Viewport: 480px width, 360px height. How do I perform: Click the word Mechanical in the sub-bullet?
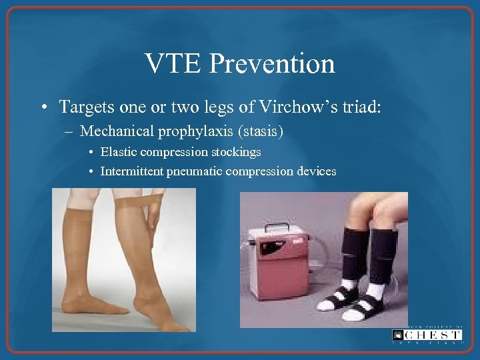click(x=117, y=131)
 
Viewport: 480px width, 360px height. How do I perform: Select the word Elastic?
click(x=116, y=152)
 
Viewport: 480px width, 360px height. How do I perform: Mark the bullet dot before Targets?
click(x=43, y=107)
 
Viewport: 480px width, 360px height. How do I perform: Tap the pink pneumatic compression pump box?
click(x=280, y=267)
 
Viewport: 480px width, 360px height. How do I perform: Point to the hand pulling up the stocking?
click(x=153, y=213)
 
